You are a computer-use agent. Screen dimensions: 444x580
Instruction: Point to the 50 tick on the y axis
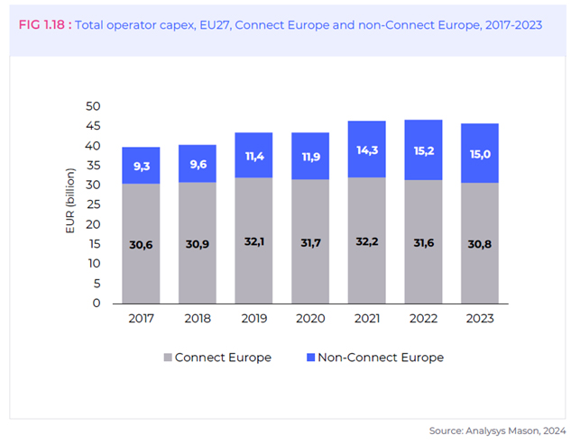click(92, 106)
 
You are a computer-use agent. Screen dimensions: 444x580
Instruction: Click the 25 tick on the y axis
click(92, 204)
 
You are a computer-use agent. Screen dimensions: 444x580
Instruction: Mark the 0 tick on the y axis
click(96, 304)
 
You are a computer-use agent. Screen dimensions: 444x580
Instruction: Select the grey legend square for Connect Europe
click(167, 358)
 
